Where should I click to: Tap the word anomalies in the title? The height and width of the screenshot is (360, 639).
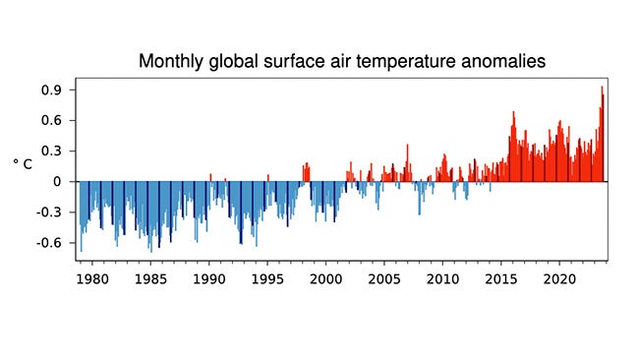(496, 62)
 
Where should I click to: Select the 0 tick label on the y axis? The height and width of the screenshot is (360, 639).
(59, 182)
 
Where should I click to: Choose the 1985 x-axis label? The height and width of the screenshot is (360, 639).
(149, 278)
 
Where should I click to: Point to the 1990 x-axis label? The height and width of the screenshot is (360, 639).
(208, 278)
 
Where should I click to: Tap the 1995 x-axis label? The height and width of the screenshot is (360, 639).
(266, 278)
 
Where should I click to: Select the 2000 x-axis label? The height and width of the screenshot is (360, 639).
(325, 278)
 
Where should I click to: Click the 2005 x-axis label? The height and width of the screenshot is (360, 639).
(383, 278)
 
